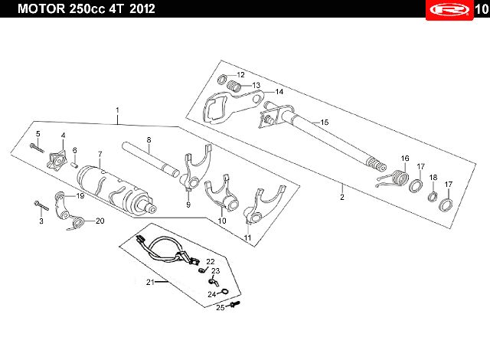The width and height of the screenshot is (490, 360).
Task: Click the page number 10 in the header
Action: [x=480, y=9]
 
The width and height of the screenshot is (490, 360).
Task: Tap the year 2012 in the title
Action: [x=145, y=9]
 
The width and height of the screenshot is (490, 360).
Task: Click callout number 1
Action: [x=117, y=110]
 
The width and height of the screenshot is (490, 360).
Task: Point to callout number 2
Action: [x=342, y=198]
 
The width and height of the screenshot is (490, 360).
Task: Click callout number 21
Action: [x=151, y=282]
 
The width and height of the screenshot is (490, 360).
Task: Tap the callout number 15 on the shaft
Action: [x=325, y=123]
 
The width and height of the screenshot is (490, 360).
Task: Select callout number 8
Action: [x=149, y=139]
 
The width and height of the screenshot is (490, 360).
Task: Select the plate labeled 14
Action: [x=226, y=106]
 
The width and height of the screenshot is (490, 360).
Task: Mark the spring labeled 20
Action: [x=76, y=222]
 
